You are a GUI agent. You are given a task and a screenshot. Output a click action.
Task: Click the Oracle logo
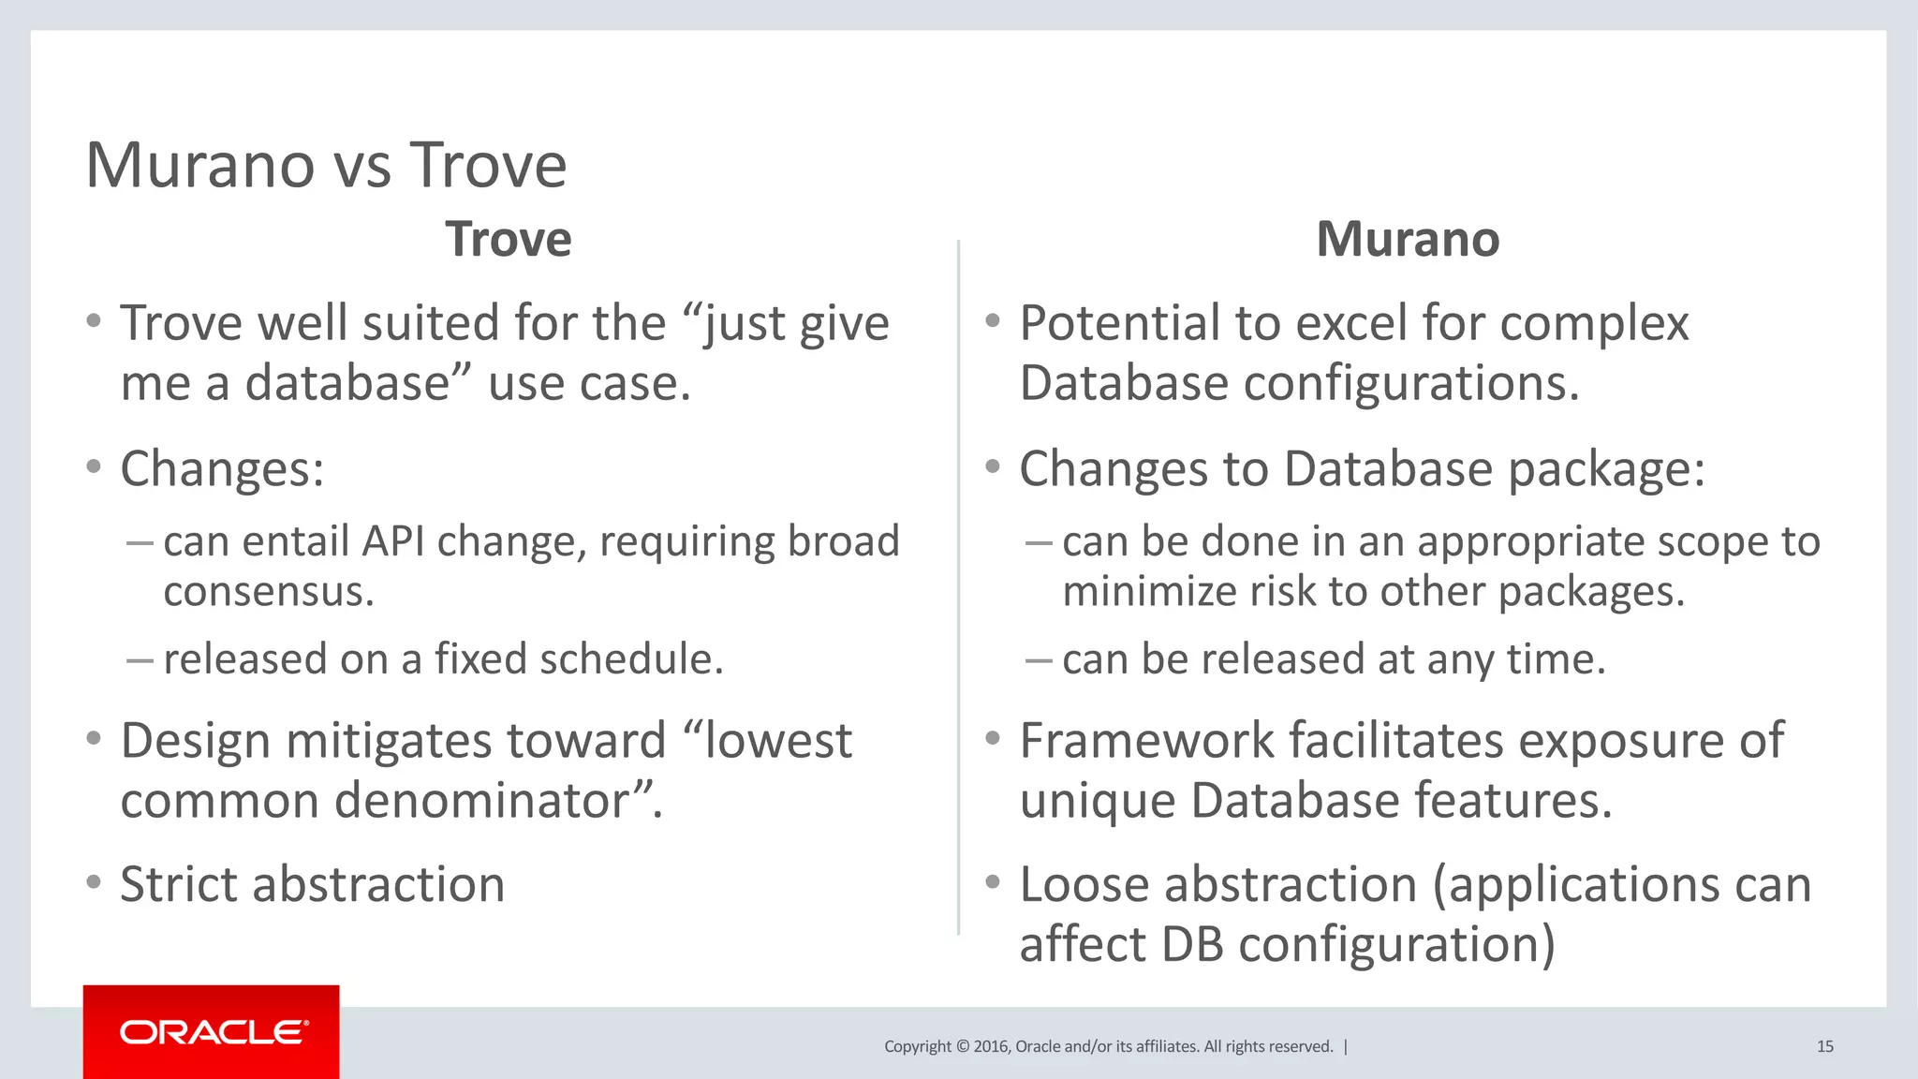pos(213,1032)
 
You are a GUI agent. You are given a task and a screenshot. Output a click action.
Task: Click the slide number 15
pos(1824,1046)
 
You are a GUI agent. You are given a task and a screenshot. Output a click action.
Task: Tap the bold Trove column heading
pos(508,239)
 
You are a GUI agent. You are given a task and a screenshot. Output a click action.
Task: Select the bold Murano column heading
pos(1408,239)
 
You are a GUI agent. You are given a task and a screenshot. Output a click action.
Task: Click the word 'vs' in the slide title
pos(362,166)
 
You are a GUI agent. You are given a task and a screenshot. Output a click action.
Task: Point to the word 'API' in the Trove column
pos(394,541)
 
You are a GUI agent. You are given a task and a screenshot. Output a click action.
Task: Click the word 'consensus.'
pos(269,592)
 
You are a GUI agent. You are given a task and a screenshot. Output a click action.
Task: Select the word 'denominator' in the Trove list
pos(480,801)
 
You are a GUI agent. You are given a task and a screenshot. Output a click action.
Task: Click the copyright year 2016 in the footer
pos(991,1046)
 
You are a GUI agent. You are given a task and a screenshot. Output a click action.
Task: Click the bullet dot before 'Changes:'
pos(93,466)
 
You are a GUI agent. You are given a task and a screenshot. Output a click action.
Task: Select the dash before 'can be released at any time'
pos(1039,660)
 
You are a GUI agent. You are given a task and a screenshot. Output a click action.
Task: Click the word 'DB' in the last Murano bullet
pos(1192,944)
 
